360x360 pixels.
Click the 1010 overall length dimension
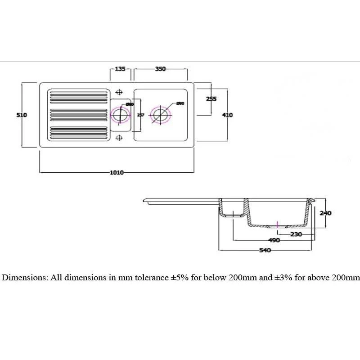point(117,173)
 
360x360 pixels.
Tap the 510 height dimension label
point(22,115)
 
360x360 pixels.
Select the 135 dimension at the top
point(120,69)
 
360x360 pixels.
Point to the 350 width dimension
point(161,69)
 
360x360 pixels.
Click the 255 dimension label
point(211,99)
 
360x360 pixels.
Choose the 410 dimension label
point(228,115)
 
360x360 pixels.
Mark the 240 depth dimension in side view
point(325,213)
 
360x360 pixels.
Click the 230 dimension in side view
point(296,234)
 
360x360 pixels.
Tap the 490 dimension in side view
point(274,240)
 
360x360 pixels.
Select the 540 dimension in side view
point(265,250)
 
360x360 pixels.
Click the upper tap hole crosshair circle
point(120,92)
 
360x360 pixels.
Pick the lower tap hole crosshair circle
point(120,137)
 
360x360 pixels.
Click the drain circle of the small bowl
point(120,115)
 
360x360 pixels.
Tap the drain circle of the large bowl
point(160,115)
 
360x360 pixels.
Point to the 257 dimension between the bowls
point(140,115)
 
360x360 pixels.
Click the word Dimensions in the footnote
point(25,278)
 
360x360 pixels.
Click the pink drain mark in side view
point(279,224)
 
